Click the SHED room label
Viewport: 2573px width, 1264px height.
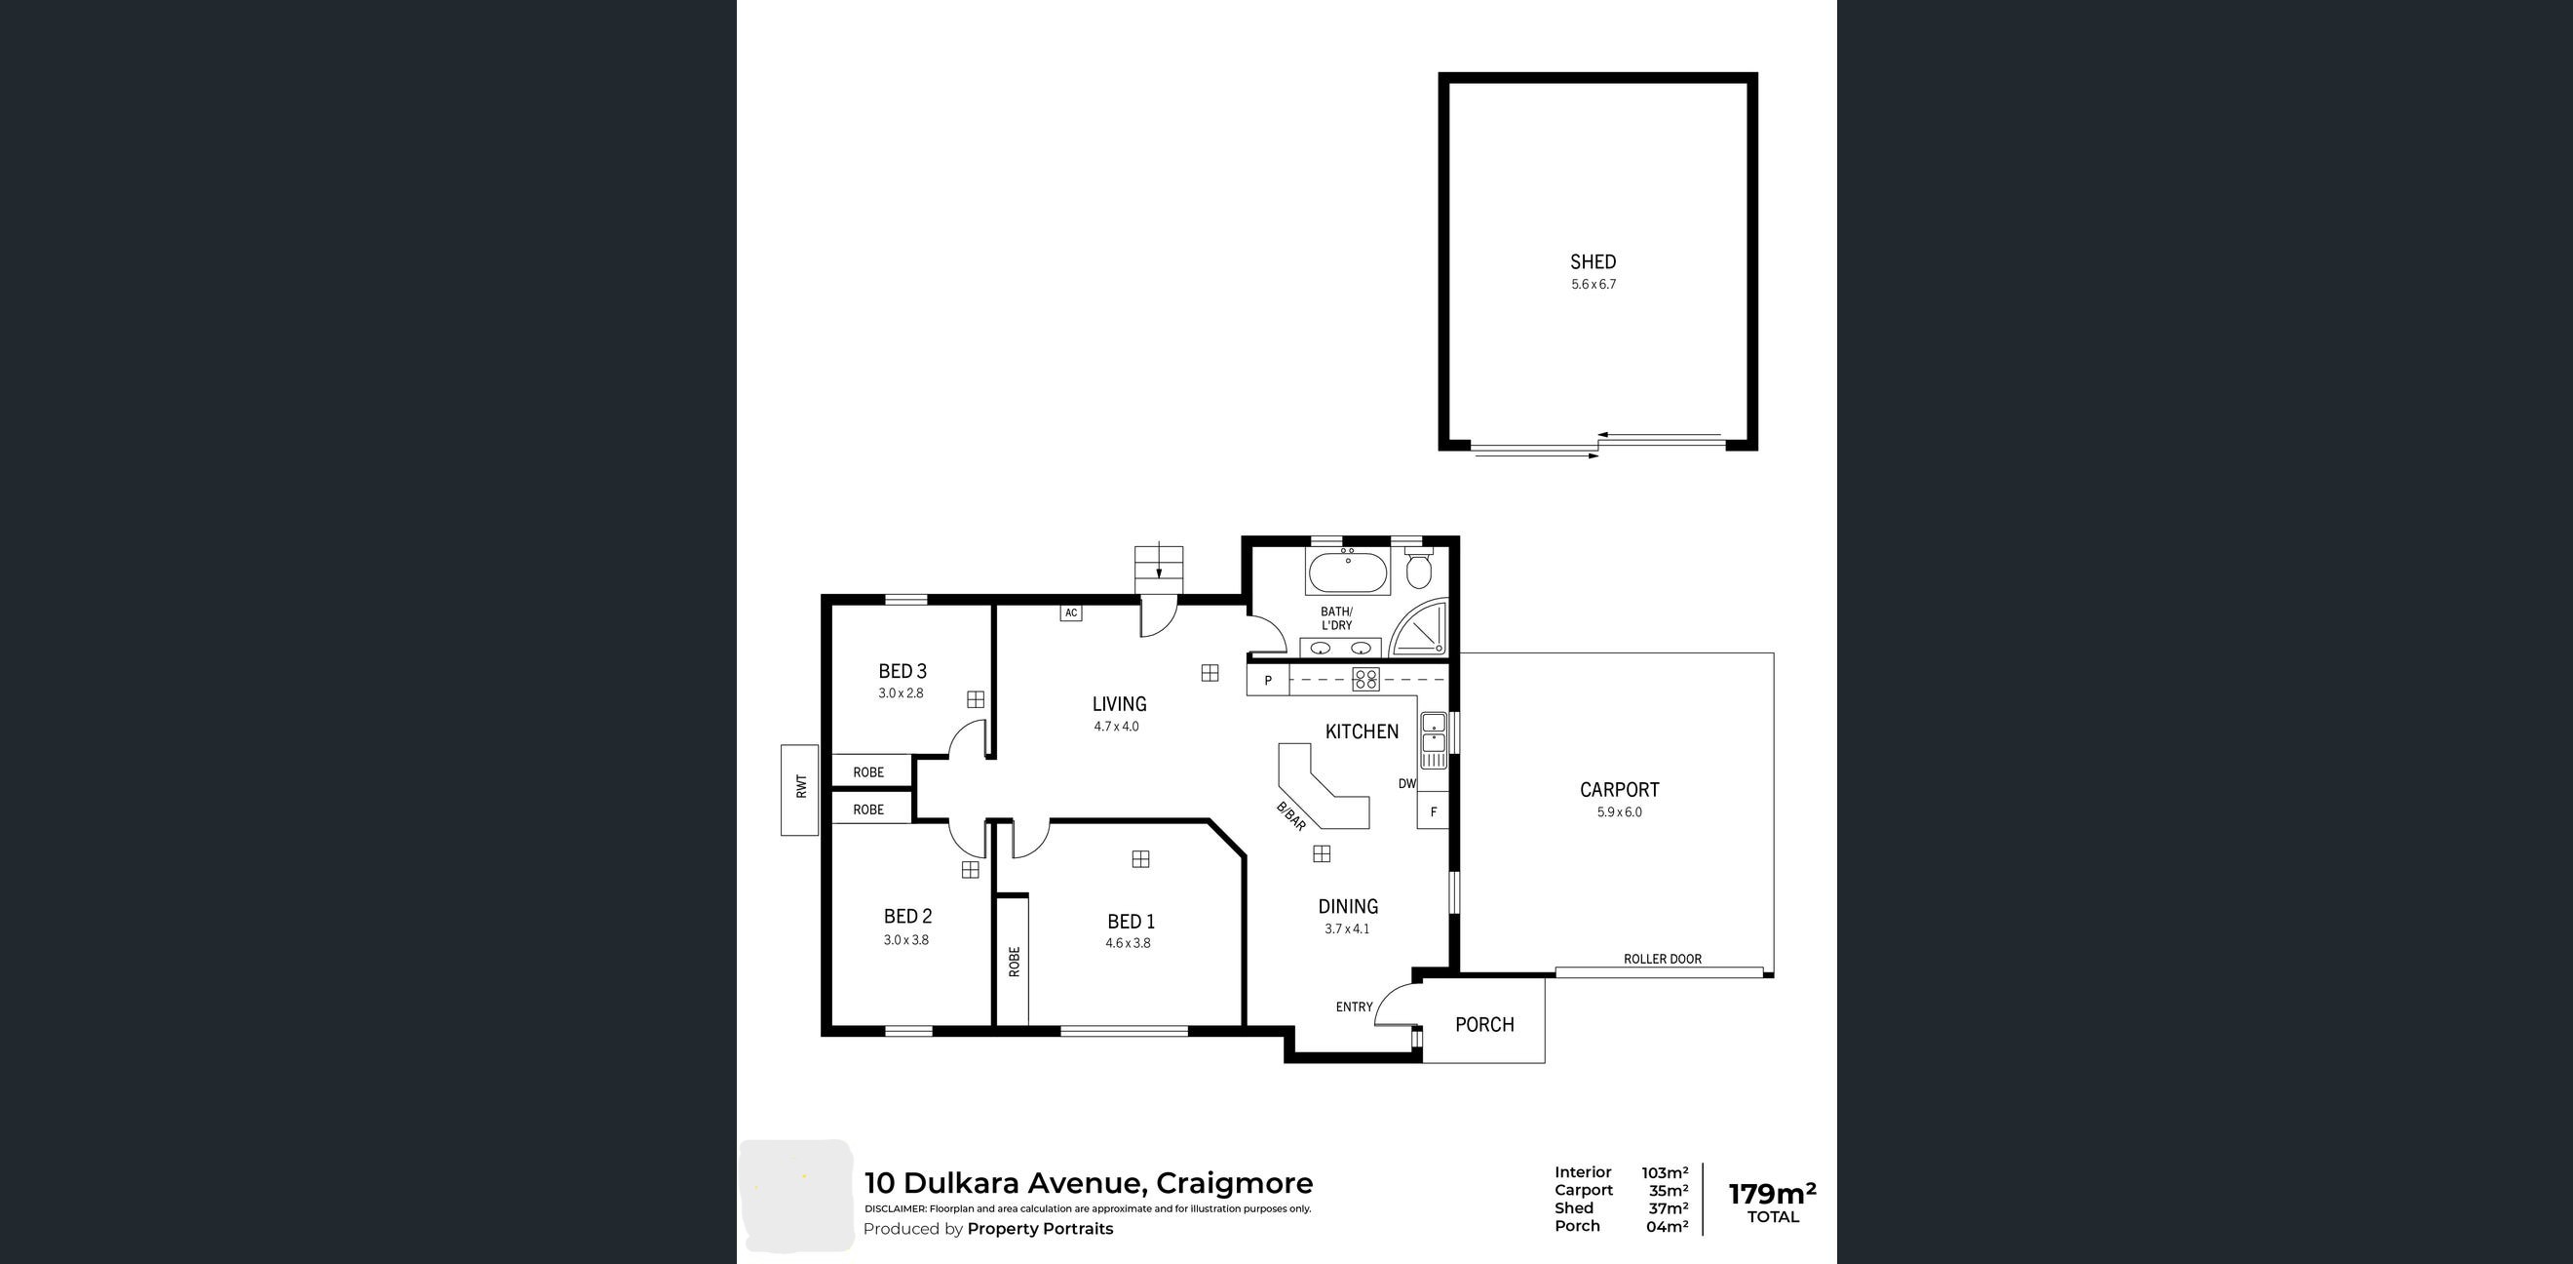click(1593, 261)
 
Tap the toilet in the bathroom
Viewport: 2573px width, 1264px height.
click(1417, 567)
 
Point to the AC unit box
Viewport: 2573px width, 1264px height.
click(1071, 612)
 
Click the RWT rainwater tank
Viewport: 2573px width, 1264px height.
click(799, 789)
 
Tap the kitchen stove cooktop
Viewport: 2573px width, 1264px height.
click(1365, 680)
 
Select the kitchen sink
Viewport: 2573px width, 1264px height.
click(1434, 740)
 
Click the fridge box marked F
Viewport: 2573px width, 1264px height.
click(1433, 810)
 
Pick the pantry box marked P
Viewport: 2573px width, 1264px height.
click(1269, 681)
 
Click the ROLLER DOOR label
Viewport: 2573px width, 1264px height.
click(1662, 959)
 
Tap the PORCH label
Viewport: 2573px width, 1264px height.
click(1484, 1024)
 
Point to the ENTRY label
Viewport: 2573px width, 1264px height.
click(1354, 1007)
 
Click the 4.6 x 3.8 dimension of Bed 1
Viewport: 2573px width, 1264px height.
click(1128, 943)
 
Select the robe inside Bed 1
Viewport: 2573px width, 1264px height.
click(1013, 962)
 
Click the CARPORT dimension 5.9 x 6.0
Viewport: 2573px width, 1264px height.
click(1619, 812)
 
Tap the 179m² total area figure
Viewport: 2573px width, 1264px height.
click(1772, 1193)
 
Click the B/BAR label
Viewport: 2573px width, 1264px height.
click(1290, 816)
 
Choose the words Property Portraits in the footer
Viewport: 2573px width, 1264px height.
click(1040, 1229)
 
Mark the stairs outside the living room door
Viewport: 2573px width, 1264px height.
click(1159, 569)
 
